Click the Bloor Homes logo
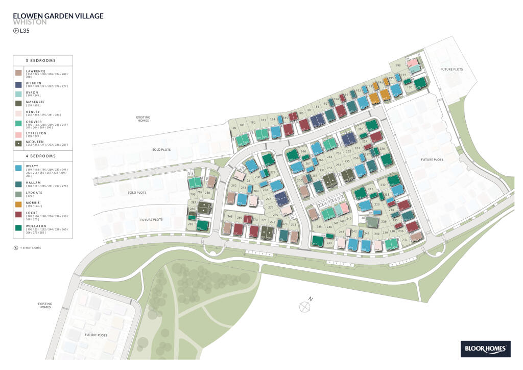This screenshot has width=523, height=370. [486, 350]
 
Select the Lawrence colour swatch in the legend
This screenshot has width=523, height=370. [18, 73]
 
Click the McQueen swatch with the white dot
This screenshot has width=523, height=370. [18, 144]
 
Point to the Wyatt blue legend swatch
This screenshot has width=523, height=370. [18, 168]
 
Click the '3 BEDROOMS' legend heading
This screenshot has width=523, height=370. [43, 60]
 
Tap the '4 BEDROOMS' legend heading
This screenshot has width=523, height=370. [43, 155]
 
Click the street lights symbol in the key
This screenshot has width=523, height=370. [15, 248]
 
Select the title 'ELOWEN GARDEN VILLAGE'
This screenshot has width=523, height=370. [58, 16]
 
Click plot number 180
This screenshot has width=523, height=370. [233, 128]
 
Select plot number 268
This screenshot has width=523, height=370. [230, 217]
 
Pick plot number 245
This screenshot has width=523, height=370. [319, 226]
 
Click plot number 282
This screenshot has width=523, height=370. [233, 185]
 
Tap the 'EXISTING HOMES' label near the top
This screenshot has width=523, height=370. [143, 119]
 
